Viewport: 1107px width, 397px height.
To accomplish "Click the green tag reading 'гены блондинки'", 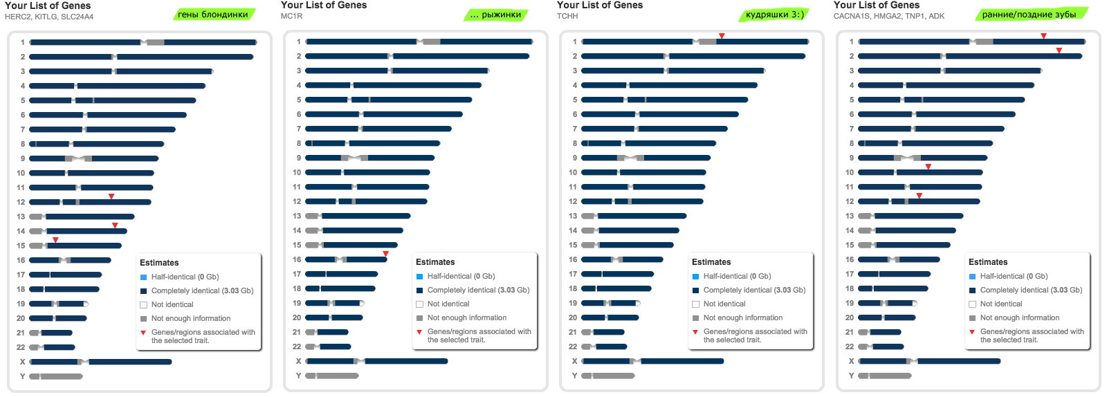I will coord(213,15).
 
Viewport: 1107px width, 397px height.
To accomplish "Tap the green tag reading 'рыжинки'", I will coord(496,15).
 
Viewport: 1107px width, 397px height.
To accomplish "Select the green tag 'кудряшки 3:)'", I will coord(774,15).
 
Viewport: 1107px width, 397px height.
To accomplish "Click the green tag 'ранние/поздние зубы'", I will coord(1029,15).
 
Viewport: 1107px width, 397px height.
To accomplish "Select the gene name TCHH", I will coord(567,16).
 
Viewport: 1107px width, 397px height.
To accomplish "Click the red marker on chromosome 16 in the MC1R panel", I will coord(385,254).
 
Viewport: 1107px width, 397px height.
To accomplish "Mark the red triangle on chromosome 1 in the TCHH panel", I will coord(722,36).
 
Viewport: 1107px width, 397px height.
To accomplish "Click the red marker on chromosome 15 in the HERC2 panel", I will coord(55,240).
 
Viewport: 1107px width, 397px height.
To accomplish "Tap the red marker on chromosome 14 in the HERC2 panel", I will coord(115,225).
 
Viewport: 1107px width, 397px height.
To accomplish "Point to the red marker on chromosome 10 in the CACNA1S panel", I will coord(928,167).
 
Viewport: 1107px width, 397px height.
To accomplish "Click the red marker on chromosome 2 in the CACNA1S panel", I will coord(1059,50).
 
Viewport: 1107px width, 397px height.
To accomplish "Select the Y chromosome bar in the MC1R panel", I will coord(332,376).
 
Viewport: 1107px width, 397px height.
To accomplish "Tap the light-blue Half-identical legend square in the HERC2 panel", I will coord(143,277).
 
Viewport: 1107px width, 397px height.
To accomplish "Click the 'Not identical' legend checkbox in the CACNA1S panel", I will coord(972,304).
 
